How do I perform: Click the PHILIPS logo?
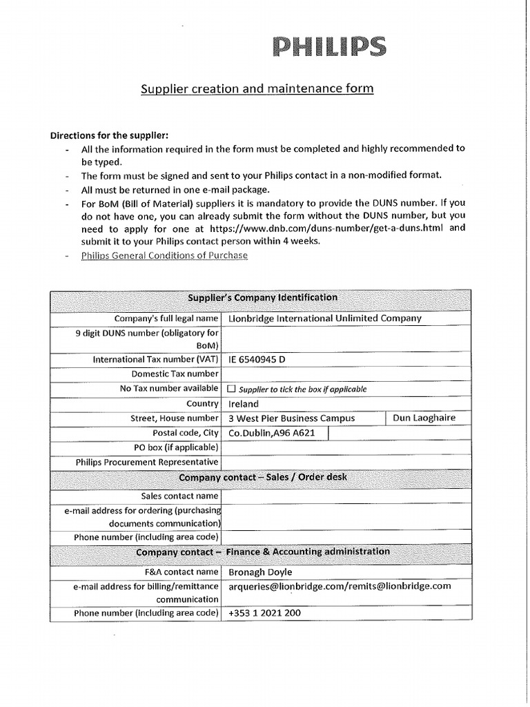(329, 47)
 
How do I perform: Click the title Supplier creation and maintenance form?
(257, 89)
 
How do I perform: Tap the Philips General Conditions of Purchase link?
(164, 255)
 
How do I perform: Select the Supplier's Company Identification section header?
(263, 298)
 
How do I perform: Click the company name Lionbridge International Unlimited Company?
(324, 318)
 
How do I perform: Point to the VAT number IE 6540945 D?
(257, 360)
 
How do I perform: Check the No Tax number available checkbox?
(231, 389)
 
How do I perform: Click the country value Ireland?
(244, 404)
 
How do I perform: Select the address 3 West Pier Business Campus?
(291, 418)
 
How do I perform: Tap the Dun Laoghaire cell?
(424, 418)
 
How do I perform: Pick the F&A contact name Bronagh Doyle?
(260, 572)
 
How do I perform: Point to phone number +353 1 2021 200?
(264, 613)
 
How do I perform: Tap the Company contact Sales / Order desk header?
(263, 478)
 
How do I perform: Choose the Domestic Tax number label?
(175, 374)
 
